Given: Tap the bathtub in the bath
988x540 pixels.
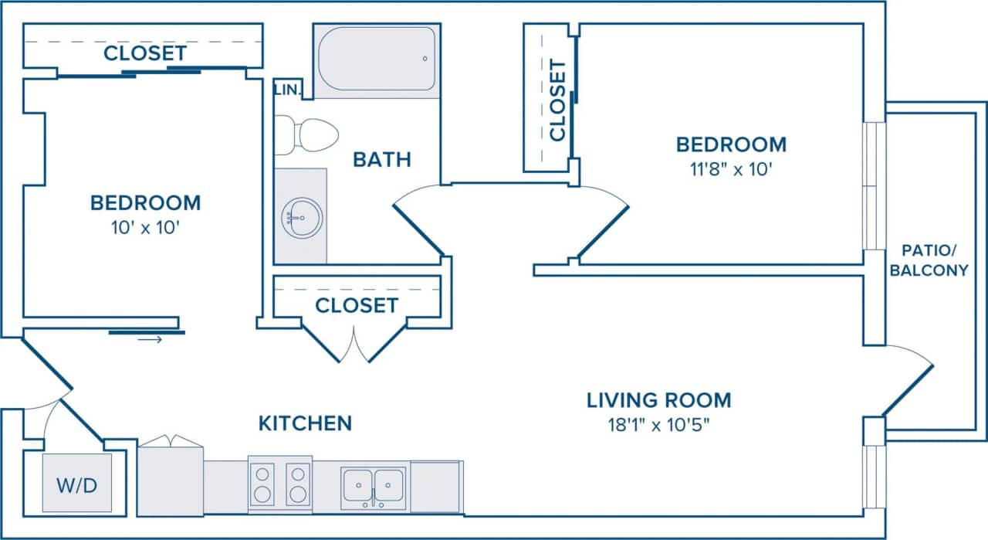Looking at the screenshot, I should tap(377, 59).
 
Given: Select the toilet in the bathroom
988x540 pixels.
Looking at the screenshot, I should tap(309, 135).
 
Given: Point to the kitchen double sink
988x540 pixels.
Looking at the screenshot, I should tap(374, 487).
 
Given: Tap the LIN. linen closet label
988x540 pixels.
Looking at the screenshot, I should tap(286, 90).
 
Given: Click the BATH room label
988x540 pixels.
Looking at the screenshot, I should tap(381, 160).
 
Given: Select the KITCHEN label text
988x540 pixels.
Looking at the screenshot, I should tap(305, 423).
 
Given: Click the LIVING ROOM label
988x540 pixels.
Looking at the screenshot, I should tap(658, 400).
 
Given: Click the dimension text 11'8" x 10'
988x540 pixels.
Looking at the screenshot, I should tap(731, 168).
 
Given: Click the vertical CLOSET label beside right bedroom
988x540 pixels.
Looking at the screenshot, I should tap(557, 100).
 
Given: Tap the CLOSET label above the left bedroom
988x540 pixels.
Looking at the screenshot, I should tap(144, 53).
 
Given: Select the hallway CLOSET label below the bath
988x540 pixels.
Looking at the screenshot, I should tap(357, 305).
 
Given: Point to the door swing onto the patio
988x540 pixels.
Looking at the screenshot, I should tap(908, 379).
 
